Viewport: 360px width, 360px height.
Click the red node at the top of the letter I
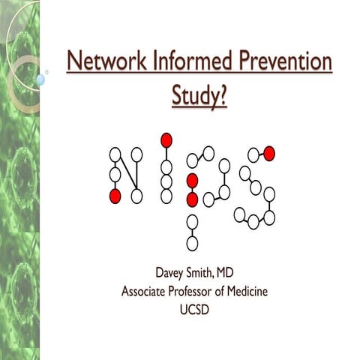tap(166, 139)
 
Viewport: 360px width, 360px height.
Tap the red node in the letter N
tap(115, 196)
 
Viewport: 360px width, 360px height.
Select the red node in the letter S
tap(269, 154)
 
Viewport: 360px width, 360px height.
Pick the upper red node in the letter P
tap(192, 180)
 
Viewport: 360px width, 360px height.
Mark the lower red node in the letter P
tap(192, 199)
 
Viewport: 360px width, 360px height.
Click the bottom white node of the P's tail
tap(192, 243)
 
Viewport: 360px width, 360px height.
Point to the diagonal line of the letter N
tap(126, 175)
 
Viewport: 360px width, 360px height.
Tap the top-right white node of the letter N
tap(136, 154)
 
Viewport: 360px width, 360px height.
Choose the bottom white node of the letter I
tap(166, 196)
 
